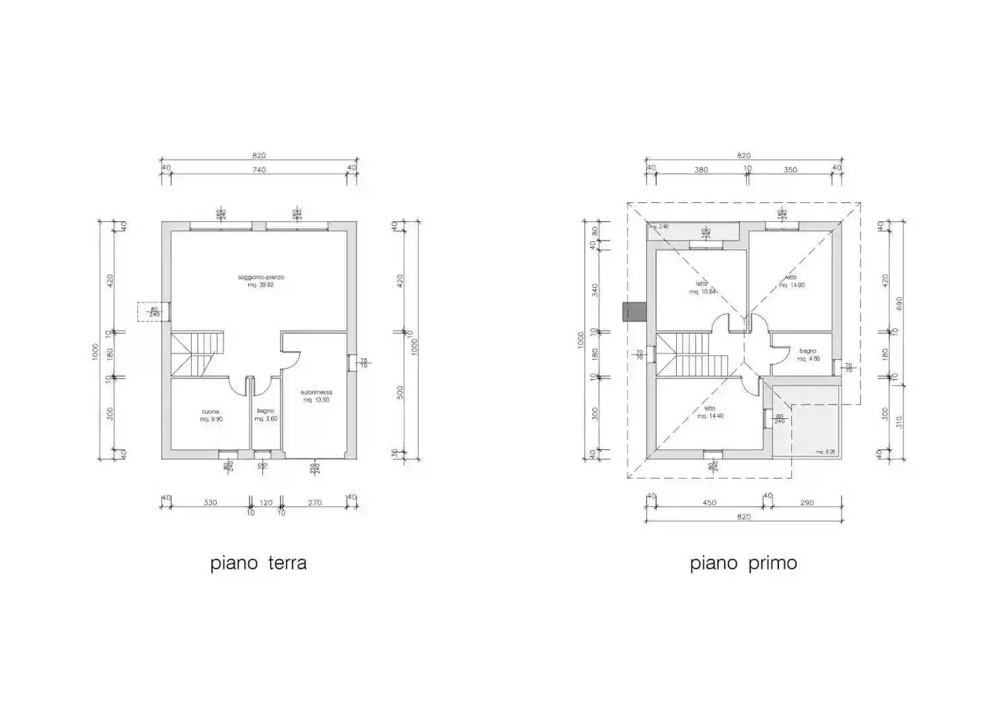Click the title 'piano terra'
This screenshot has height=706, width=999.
click(258, 563)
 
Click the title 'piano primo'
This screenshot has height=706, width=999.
click(743, 563)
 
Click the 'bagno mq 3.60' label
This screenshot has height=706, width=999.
click(266, 415)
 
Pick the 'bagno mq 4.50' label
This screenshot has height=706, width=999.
click(808, 355)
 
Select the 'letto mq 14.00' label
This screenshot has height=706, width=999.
click(791, 281)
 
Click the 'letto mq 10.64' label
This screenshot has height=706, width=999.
click(702, 288)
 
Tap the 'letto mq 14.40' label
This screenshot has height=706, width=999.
click(710, 412)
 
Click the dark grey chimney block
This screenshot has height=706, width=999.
click(634, 312)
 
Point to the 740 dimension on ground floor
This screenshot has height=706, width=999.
click(259, 170)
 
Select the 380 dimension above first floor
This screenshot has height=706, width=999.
click(701, 170)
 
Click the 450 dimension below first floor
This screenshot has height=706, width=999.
click(709, 503)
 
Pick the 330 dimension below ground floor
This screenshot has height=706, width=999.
click(210, 503)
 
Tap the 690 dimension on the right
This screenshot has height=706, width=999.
click(899, 304)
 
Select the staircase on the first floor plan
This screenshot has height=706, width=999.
click(692, 355)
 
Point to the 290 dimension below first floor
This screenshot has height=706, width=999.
click(807, 503)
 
